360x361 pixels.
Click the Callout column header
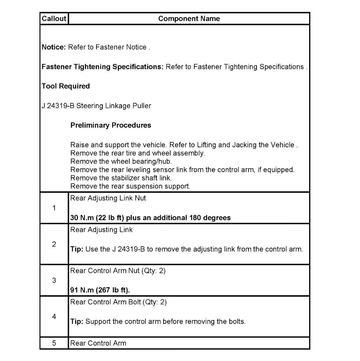(x=54, y=19)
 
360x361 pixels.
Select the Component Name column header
(x=189, y=19)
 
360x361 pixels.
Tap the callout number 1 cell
(x=54, y=208)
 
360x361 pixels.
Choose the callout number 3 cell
(x=54, y=281)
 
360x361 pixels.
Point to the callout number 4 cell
(x=54, y=317)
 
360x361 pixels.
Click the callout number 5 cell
(x=54, y=343)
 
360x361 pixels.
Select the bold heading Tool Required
(x=66, y=86)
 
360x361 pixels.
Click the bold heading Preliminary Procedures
(x=111, y=125)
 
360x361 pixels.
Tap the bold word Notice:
(x=54, y=47)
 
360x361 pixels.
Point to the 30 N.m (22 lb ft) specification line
(x=150, y=218)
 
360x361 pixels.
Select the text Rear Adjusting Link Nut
(x=108, y=198)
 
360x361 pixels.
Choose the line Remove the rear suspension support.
(x=130, y=186)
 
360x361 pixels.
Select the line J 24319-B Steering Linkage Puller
(x=96, y=106)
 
